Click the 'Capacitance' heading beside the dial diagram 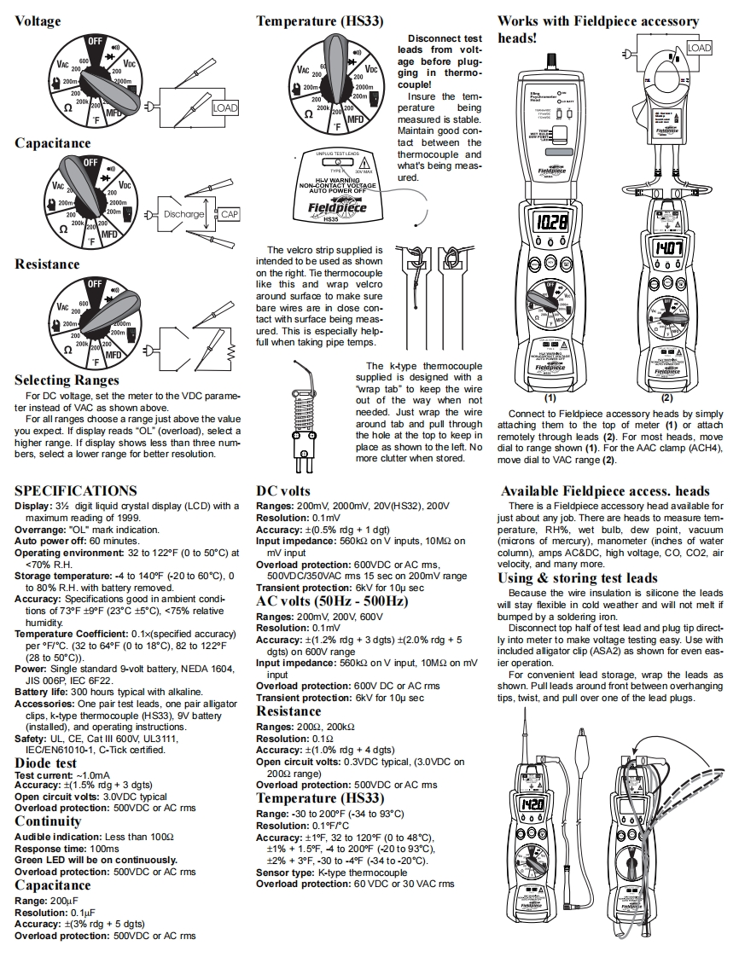[x=52, y=142]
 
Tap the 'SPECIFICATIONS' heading [x=75, y=490]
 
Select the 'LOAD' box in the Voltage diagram [x=224, y=108]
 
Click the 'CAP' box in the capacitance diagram [x=230, y=215]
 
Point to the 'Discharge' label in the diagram [x=183, y=215]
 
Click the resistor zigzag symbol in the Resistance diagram [x=228, y=351]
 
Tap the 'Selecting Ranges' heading [x=67, y=380]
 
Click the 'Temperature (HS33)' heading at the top [x=319, y=21]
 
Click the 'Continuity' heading [x=48, y=821]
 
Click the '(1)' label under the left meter [x=550, y=397]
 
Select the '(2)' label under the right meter [x=666, y=397]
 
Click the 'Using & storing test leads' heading [x=578, y=578]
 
